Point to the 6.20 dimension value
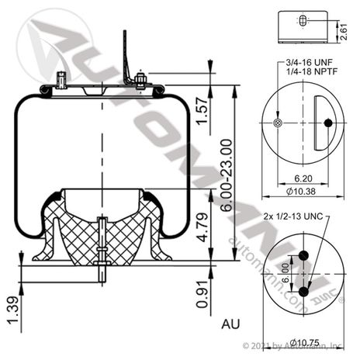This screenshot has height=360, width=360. click(303, 176)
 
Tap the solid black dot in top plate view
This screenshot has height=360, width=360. click(328, 123)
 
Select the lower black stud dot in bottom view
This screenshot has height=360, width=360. click(303, 292)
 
